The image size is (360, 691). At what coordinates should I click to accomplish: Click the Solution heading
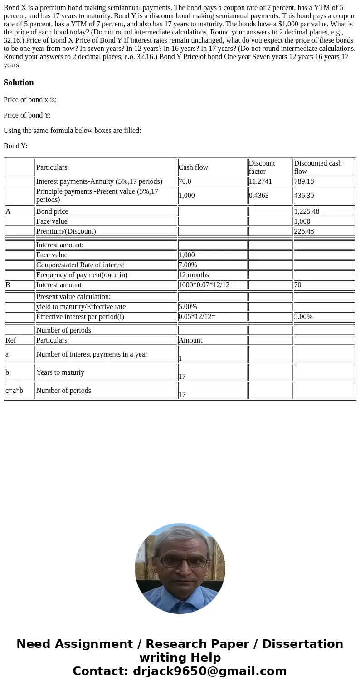point(19,83)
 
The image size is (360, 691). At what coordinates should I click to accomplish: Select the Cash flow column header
point(193,167)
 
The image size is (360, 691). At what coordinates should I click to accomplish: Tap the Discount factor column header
point(262,167)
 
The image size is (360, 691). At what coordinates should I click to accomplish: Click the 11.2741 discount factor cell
point(260,181)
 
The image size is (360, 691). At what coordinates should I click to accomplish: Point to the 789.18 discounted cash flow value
point(304,181)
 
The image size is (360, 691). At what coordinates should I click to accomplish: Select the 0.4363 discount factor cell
point(259,196)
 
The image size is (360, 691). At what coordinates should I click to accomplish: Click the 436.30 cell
point(304,196)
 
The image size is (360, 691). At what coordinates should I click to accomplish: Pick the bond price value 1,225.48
point(306,211)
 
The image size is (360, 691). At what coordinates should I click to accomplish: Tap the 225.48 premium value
point(304,231)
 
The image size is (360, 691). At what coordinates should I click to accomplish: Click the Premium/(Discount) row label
point(66,231)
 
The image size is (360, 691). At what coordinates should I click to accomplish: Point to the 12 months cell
point(194,275)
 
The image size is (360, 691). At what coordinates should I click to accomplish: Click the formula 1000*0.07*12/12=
point(206,285)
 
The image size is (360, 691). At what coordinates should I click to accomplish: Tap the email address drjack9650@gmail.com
point(209,671)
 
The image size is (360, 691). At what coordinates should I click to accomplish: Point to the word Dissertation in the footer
point(302,644)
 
